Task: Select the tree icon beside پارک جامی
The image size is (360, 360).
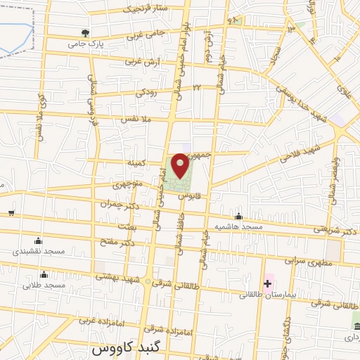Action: pos(86,32)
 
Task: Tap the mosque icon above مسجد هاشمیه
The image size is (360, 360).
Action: pos(240,216)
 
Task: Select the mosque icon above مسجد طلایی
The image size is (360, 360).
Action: pos(44,274)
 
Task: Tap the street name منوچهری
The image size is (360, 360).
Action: pos(127,186)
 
